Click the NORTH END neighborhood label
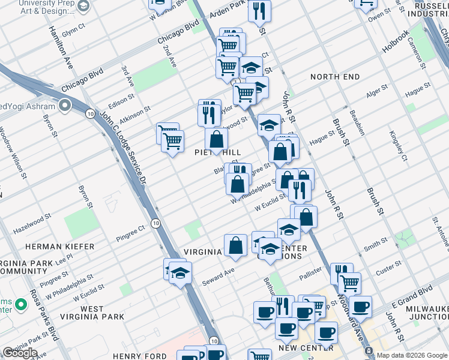pos(335,77)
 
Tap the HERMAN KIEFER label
pos(59,247)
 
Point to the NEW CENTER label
pos(306,347)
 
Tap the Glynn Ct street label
pos(74,30)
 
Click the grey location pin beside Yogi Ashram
pos(65,107)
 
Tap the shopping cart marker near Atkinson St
pos(172,141)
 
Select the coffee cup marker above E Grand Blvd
pos(360,308)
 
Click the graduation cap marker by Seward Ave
pos(179,273)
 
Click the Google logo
pos(19,352)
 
